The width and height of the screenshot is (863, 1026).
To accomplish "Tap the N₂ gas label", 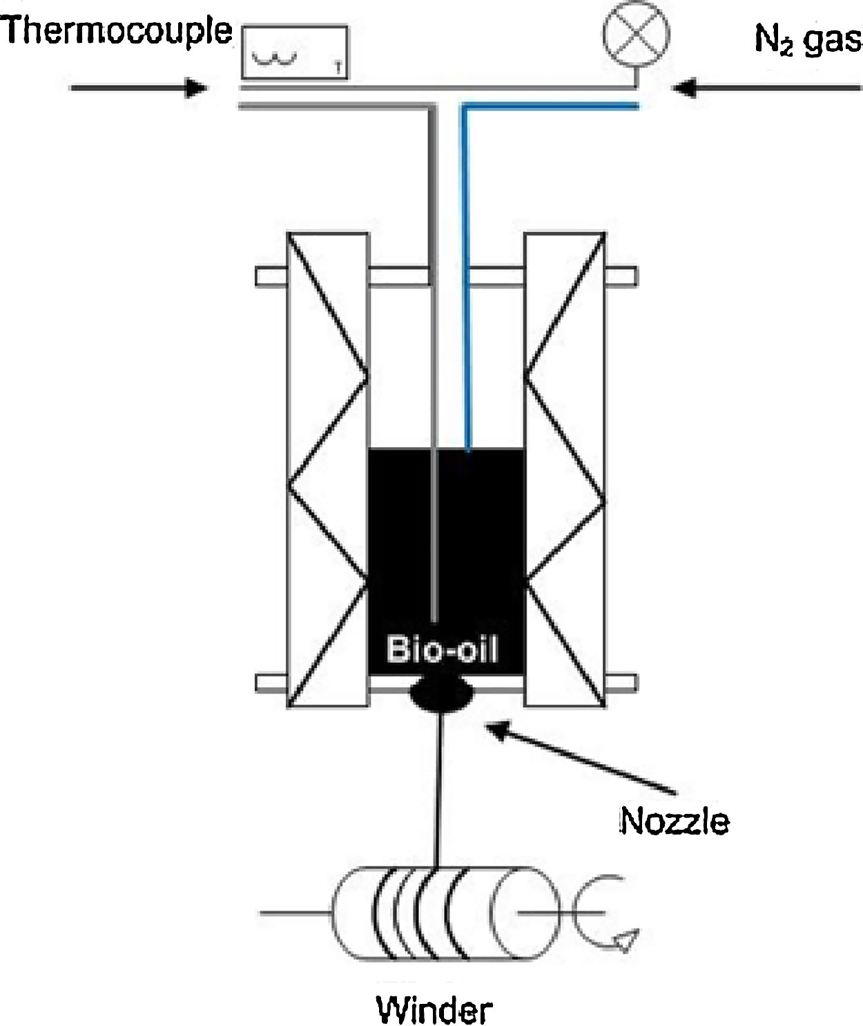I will click(x=806, y=39).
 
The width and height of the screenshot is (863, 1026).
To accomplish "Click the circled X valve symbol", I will click(x=636, y=33).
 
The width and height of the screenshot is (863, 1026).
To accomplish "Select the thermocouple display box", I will click(x=294, y=52).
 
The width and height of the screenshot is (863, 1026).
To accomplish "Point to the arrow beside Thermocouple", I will click(x=138, y=88).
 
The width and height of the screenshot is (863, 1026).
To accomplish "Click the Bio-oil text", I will click(x=442, y=649).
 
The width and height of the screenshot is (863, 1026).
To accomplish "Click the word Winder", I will click(x=434, y=1010).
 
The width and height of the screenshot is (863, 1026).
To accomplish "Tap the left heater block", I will click(x=327, y=470).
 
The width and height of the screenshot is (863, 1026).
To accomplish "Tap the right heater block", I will click(x=565, y=470).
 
